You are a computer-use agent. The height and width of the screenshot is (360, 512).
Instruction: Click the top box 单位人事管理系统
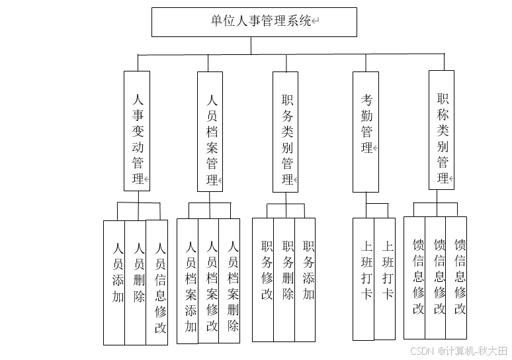(254, 22)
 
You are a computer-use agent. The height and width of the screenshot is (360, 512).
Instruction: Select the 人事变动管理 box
(137, 131)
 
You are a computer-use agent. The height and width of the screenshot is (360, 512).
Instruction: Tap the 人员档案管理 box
(212, 131)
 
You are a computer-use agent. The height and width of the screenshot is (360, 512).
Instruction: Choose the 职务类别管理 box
(287, 131)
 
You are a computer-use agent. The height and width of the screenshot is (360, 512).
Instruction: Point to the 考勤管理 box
(366, 131)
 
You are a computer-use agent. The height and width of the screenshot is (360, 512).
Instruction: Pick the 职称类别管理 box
(442, 131)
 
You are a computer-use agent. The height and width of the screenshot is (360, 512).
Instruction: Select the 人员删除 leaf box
(136, 283)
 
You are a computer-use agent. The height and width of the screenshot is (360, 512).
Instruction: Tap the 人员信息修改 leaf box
(157, 283)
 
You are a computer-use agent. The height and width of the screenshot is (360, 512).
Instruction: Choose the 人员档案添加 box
(188, 281)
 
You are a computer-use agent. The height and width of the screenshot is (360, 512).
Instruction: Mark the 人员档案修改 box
(209, 281)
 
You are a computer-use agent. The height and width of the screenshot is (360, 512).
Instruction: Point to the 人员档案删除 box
(230, 281)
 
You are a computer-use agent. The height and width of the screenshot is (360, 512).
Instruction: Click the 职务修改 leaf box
(263, 279)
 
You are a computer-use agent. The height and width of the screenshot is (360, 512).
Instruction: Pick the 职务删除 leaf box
(284, 279)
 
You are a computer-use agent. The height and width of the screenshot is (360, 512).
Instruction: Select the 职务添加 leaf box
(305, 279)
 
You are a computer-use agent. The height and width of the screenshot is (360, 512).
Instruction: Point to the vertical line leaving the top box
(251, 45)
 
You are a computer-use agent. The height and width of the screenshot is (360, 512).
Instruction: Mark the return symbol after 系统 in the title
(316, 22)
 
